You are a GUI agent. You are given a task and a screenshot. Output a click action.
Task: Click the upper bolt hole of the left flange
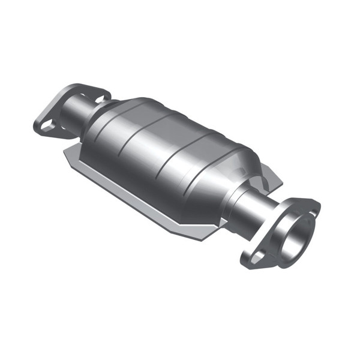pos(97,94)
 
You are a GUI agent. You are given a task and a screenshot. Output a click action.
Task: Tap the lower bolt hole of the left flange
pos(49,124)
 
